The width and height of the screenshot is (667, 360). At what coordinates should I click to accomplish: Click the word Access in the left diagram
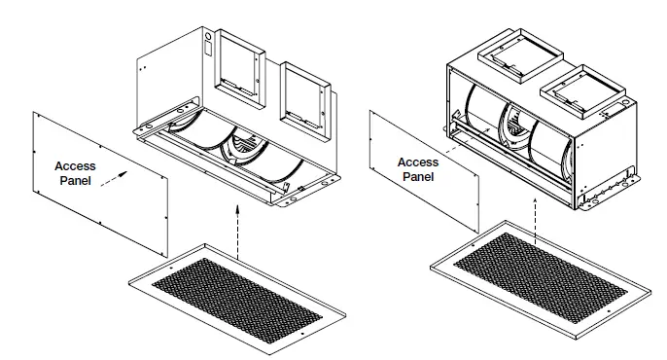click(x=75, y=166)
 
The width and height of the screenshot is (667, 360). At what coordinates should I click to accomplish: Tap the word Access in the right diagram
click(x=419, y=162)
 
